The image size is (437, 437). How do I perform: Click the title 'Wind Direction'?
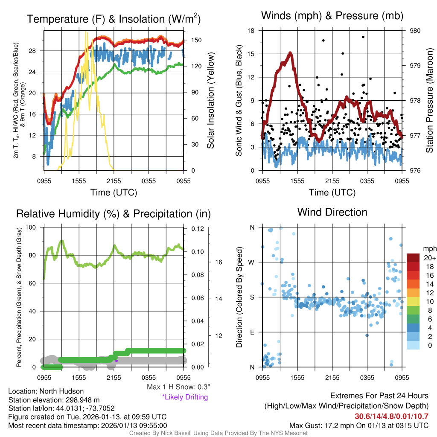[332, 212]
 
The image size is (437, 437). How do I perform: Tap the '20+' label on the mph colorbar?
[429, 258]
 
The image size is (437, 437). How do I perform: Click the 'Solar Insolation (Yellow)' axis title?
[210, 100]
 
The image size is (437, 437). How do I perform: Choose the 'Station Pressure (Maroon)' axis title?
[429, 100]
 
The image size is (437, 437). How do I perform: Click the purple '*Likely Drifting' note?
[185, 397]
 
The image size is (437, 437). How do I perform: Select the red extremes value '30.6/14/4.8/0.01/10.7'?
[391, 416]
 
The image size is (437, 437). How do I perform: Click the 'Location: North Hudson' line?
[46, 391]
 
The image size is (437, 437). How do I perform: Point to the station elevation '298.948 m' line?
[54, 400]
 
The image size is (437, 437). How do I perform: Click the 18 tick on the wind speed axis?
[251, 31]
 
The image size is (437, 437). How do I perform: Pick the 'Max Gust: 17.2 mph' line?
[358, 425]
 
